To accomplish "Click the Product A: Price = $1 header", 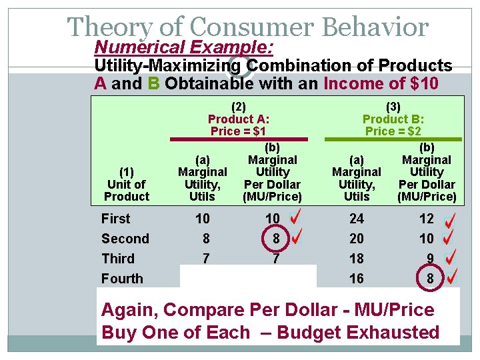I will tap(239, 119).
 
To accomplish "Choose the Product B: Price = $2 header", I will tap(393, 119).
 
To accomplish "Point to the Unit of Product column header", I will tap(126, 184).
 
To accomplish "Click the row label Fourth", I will tap(122, 279).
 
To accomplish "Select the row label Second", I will tap(125, 239).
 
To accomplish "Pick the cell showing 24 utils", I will tap(357, 219).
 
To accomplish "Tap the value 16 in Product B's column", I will tap(357, 279).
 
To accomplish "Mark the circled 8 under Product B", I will tap(430, 279).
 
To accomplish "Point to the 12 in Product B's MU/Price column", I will tap(427, 219).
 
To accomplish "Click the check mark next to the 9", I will tap(451, 257).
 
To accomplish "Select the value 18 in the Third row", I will tap(357, 259).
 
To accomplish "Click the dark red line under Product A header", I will tap(238, 139).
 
